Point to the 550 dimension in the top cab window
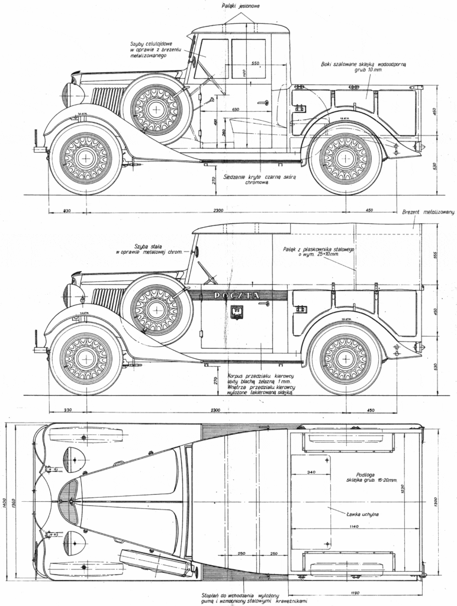pyautogui.click(x=256, y=63)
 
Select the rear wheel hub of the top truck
pyautogui.click(x=345, y=158)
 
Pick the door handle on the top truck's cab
pyautogui.click(x=262, y=103)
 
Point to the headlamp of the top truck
pyautogui.click(x=67, y=95)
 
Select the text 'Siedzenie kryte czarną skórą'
pyautogui.click(x=258, y=177)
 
